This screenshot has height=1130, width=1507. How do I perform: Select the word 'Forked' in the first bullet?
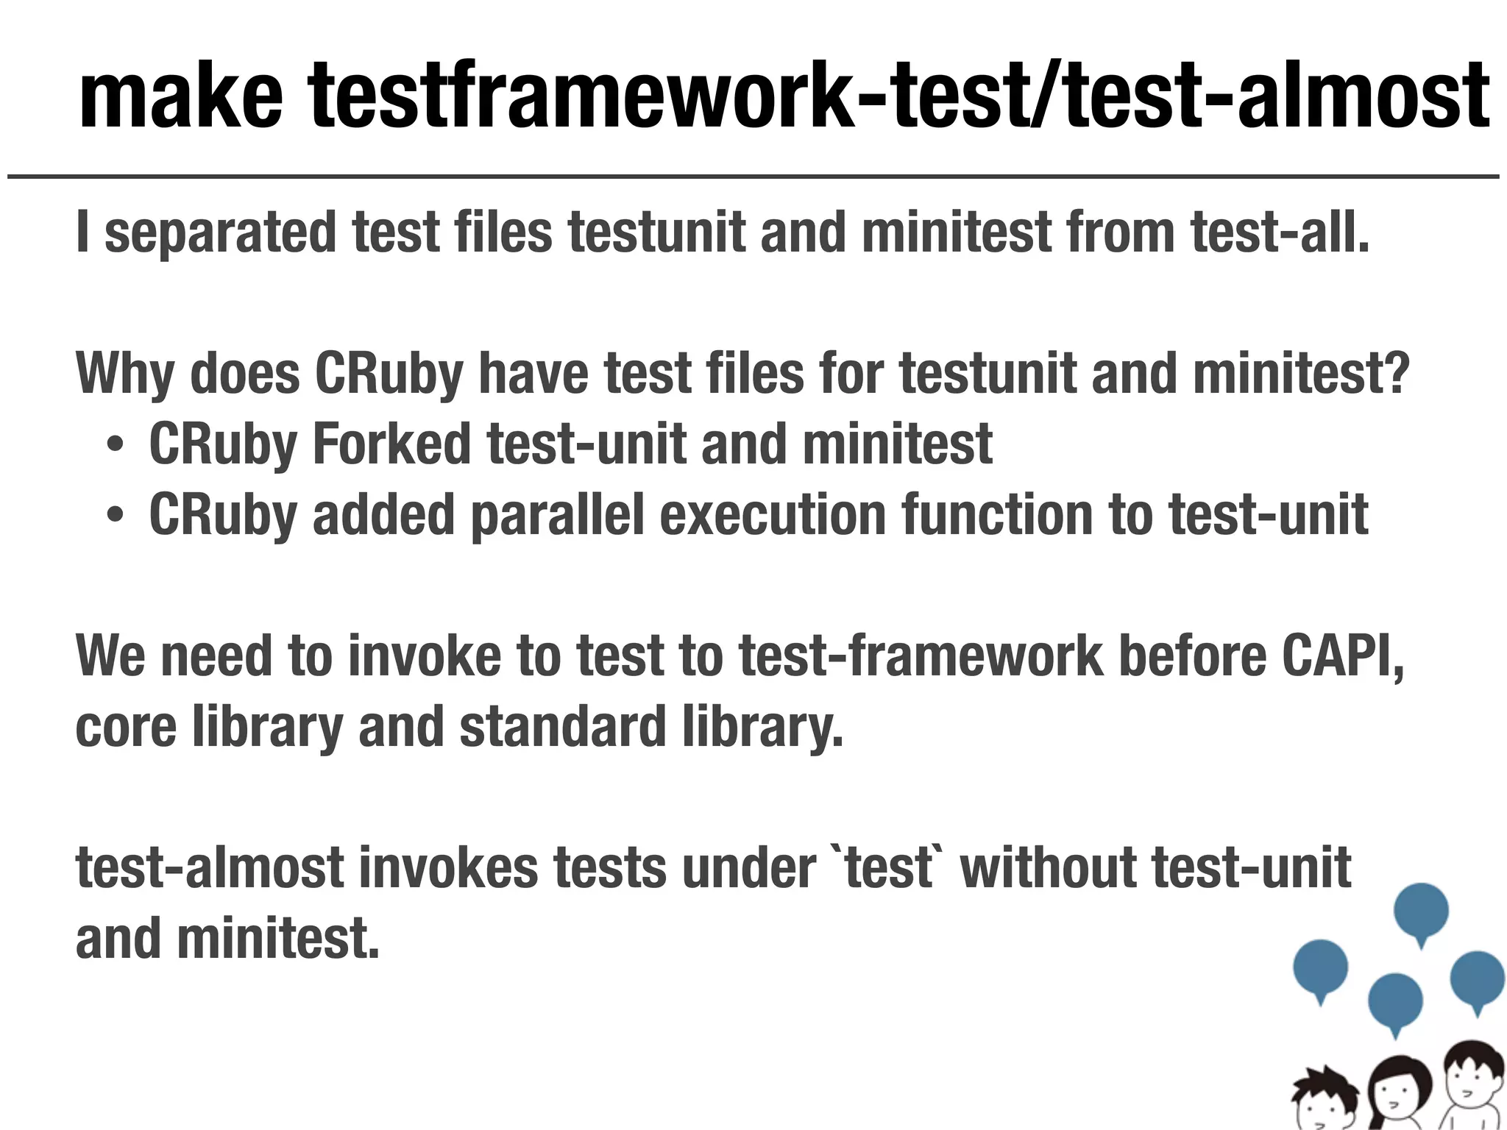click(391, 444)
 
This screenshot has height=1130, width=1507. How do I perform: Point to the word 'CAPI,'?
click(1343, 656)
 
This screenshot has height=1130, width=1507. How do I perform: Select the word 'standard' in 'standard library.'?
click(562, 727)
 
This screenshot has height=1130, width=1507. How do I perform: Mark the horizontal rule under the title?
click(753, 177)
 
